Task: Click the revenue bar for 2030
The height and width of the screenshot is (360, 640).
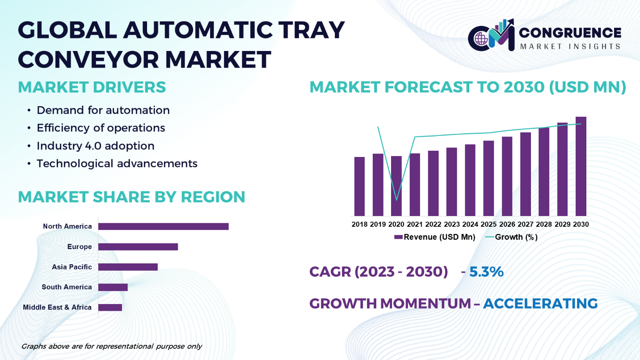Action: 581,166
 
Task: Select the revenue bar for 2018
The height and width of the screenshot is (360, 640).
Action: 359,186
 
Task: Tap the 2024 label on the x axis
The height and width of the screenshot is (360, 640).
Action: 470,224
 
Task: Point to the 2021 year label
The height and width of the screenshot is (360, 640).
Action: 415,224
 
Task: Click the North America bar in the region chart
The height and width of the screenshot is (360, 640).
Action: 164,226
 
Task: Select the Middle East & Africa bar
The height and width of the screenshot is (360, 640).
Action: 110,307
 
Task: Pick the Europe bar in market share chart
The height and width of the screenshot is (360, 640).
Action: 138,247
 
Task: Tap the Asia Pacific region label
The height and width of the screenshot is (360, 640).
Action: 72,267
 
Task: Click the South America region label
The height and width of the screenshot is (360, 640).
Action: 67,287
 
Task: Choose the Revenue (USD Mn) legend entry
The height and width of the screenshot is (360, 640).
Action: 434,237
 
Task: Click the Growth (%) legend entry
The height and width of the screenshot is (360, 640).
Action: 511,237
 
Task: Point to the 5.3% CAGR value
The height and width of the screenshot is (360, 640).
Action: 486,271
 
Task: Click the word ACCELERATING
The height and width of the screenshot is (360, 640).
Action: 540,303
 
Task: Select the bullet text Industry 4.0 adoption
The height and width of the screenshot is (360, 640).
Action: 96,146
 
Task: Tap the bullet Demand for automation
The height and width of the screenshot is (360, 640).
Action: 103,110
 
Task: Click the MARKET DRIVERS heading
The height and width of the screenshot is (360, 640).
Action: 92,87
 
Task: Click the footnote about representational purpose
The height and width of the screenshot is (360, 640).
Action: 112,347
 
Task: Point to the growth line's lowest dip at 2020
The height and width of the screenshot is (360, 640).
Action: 396,200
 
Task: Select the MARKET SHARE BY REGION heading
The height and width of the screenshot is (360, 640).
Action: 131,197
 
